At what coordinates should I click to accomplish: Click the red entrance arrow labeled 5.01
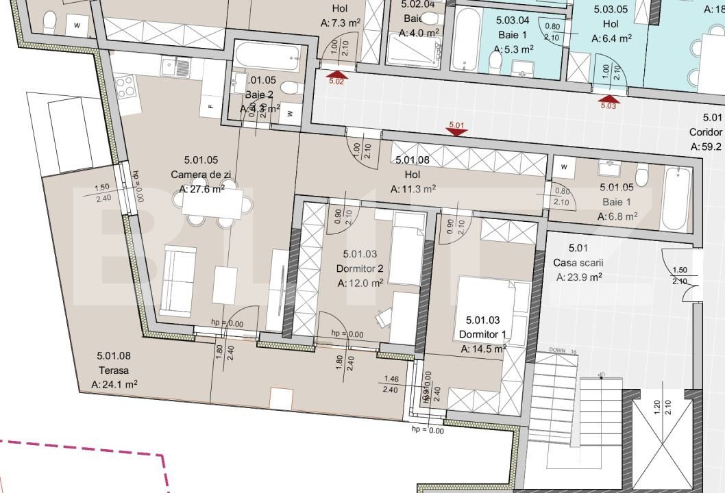(456, 131)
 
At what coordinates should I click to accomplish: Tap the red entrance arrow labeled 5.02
(336, 74)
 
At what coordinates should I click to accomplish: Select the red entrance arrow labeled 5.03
(608, 98)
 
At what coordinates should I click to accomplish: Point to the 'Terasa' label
(113, 370)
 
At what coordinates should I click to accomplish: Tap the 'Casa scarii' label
(577, 263)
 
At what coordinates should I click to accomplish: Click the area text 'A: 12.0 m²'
(360, 283)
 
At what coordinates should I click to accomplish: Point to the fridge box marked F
(211, 106)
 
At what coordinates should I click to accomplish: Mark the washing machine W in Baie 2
(291, 113)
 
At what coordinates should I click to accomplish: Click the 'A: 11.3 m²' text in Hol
(414, 189)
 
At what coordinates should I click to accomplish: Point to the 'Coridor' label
(706, 132)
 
